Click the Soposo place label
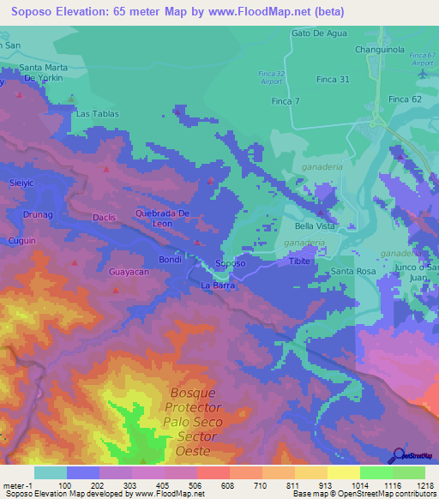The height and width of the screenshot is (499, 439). [231, 263]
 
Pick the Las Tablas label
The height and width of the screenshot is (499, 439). [94, 113]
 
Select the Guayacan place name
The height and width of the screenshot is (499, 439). [129, 271]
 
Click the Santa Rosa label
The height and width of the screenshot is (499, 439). [354, 272]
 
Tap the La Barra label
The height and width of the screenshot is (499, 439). [218, 284]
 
